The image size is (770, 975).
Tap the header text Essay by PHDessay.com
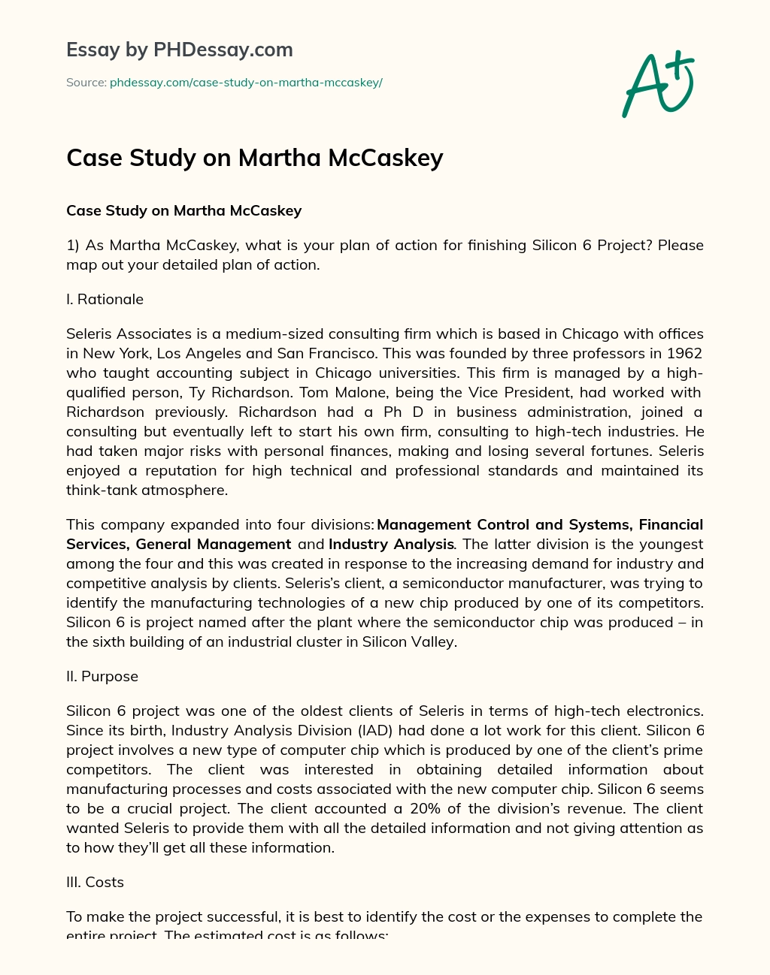point(179,50)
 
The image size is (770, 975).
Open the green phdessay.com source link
point(246,83)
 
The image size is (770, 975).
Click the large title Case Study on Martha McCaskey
point(254,158)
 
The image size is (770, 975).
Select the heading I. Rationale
point(105,299)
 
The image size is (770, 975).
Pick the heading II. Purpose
point(102,676)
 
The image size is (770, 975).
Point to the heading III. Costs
point(95,882)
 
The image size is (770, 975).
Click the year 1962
point(683,353)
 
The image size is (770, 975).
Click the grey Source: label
point(86,83)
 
